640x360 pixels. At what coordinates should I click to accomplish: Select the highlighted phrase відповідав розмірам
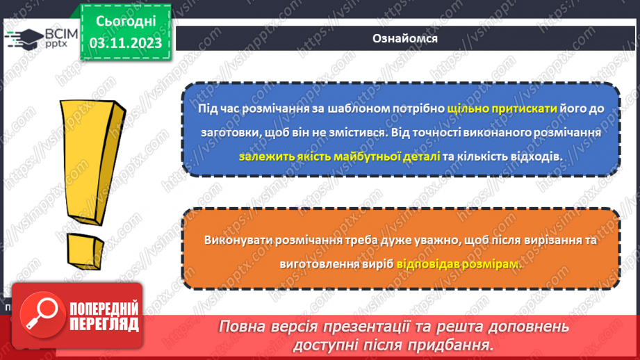point(459,264)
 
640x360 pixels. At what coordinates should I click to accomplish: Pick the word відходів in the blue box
point(537,156)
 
